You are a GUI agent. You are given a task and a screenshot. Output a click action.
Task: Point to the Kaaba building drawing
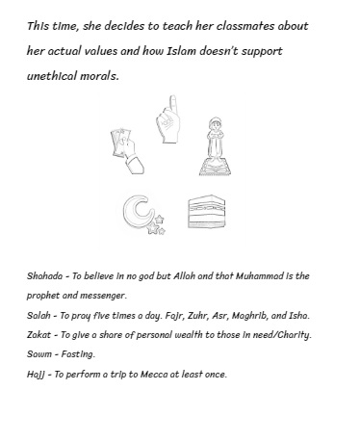coord(205,212)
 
